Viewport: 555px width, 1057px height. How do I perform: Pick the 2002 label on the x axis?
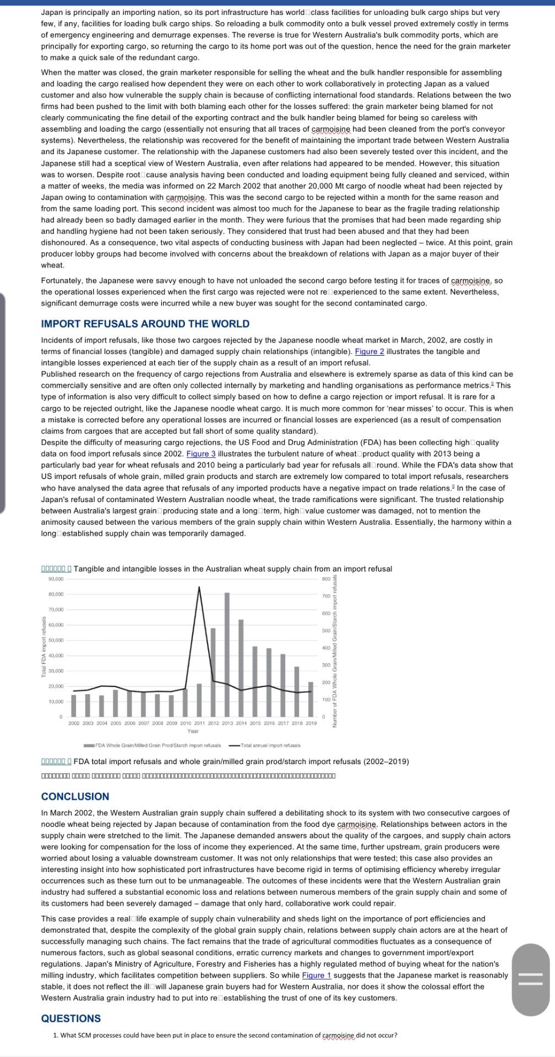74,723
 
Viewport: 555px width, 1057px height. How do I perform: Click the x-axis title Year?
193,731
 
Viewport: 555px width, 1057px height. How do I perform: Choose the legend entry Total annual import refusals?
265,745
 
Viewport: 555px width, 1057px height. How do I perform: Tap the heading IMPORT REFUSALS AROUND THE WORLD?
145,324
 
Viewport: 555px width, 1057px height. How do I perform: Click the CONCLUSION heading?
75,796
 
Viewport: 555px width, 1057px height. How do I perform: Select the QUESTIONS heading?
70,1018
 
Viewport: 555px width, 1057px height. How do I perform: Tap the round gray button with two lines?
531,979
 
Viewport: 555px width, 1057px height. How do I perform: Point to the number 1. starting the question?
56,1035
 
